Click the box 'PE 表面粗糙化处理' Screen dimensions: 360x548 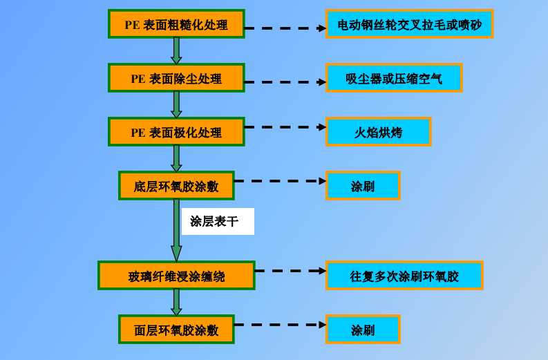click(x=176, y=24)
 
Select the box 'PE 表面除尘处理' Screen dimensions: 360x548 click(x=176, y=78)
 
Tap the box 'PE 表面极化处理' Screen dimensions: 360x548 click(x=176, y=132)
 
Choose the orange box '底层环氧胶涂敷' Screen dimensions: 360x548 click(x=176, y=186)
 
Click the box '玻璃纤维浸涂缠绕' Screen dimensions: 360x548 click(x=176, y=276)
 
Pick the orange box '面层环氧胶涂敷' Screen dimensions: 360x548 click(x=176, y=330)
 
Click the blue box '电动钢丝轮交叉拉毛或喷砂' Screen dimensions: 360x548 click(x=409, y=24)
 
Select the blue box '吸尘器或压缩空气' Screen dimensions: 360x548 click(x=394, y=78)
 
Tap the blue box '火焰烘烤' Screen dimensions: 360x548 click(x=378, y=132)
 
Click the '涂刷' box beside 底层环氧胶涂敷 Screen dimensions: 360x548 click(x=363, y=186)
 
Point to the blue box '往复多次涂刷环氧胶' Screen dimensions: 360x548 click(x=404, y=276)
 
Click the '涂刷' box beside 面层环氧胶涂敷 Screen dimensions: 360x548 click(x=363, y=330)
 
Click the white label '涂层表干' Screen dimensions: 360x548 click(x=217, y=222)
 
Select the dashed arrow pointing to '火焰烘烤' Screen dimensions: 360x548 click(x=285, y=127)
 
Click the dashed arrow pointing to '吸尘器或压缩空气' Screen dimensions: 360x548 click(x=285, y=82)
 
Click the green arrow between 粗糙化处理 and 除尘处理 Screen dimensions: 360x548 click(x=176, y=50)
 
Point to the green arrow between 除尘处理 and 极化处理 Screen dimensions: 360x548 click(x=176, y=104)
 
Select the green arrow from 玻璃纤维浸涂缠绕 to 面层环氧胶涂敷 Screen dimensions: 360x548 click(x=176, y=302)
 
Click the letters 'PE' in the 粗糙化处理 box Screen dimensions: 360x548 click(x=132, y=25)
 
